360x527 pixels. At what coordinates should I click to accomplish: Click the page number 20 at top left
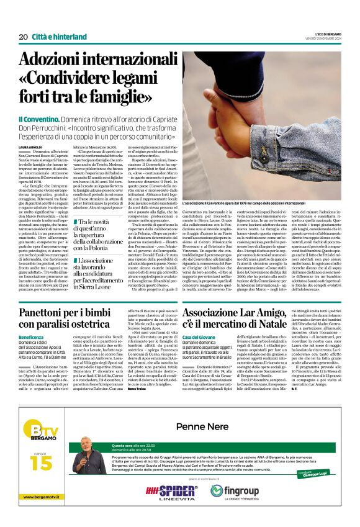(23, 37)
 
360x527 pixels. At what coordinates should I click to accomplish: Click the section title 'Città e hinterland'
(60, 37)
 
